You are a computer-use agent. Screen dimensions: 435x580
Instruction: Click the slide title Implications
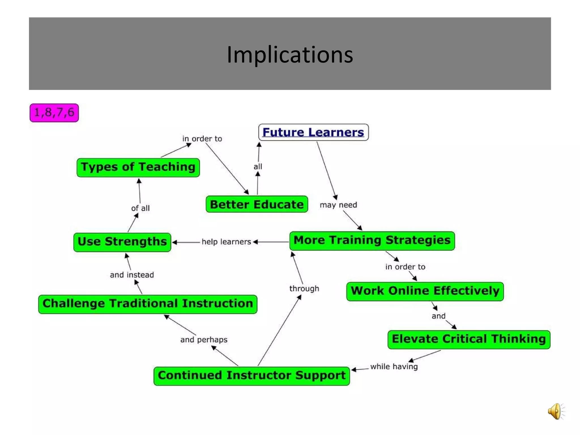(290, 54)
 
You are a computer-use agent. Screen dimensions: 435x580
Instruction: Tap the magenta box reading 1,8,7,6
(54, 113)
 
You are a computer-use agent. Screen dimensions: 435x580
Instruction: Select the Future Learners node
(313, 132)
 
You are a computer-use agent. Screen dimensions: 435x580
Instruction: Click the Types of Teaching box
(138, 167)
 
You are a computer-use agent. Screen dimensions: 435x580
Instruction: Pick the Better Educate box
(257, 204)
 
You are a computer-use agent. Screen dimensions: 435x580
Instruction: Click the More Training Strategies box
(372, 241)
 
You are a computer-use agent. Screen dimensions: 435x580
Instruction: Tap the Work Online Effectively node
(425, 291)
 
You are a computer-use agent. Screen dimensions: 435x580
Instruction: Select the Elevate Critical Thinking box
(469, 339)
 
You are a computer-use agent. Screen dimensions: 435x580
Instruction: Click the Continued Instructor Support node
(251, 376)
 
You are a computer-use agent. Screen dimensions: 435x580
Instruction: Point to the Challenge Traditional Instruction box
(148, 304)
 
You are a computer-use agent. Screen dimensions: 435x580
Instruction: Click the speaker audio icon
(556, 411)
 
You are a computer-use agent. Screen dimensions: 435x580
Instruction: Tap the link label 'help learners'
(226, 242)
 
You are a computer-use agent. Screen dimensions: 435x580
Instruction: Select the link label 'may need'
(338, 205)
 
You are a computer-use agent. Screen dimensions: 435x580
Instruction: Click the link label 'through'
(304, 289)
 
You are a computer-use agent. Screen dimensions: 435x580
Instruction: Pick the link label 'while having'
(394, 366)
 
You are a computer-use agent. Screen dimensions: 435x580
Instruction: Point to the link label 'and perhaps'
(204, 340)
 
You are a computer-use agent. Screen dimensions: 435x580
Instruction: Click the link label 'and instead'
(132, 275)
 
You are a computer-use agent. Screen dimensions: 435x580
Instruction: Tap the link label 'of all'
(140, 208)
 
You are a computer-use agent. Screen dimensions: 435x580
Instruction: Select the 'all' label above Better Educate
(258, 167)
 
